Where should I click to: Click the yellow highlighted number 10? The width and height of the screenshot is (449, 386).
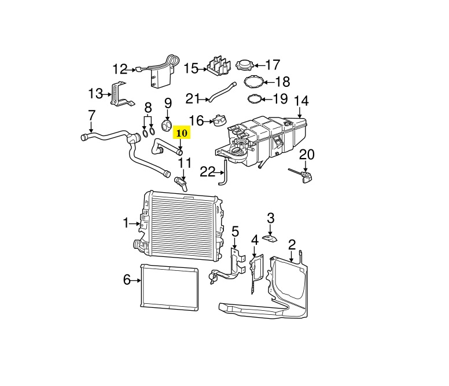(182, 133)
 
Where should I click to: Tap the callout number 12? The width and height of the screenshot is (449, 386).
(120, 69)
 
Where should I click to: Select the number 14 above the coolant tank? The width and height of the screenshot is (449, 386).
(301, 100)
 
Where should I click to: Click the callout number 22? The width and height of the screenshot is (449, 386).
(207, 171)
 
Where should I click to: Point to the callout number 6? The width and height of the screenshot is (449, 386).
(127, 280)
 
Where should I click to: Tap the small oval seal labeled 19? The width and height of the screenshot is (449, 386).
(254, 99)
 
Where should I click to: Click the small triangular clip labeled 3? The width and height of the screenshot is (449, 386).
(270, 237)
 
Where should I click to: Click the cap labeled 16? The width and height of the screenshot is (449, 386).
(218, 121)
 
